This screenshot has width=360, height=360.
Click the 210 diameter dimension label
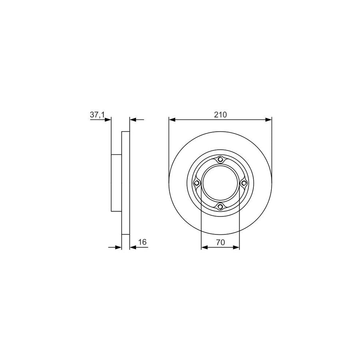click(x=220, y=114)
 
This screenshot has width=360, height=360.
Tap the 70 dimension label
click(x=220, y=242)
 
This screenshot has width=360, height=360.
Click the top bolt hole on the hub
click(x=220, y=160)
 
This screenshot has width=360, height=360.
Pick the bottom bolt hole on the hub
click(x=220, y=206)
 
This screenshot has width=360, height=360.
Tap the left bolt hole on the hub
click(x=196, y=183)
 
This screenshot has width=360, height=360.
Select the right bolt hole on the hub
click(x=244, y=183)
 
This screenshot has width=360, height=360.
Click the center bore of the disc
click(x=220, y=183)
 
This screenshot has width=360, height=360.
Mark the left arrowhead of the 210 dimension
click(x=172, y=119)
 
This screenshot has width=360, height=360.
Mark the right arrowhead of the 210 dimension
click(x=268, y=119)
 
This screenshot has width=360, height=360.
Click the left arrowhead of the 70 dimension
click(x=204, y=248)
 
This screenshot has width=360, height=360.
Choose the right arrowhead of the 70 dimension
click(x=236, y=248)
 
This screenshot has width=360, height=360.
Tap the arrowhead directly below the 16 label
click(x=134, y=248)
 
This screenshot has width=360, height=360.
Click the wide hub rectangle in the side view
click(x=116, y=183)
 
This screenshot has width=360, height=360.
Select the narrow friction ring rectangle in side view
click(x=126, y=183)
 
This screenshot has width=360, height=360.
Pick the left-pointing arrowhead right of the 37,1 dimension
click(x=134, y=119)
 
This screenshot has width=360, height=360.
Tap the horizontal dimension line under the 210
click(x=220, y=119)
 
